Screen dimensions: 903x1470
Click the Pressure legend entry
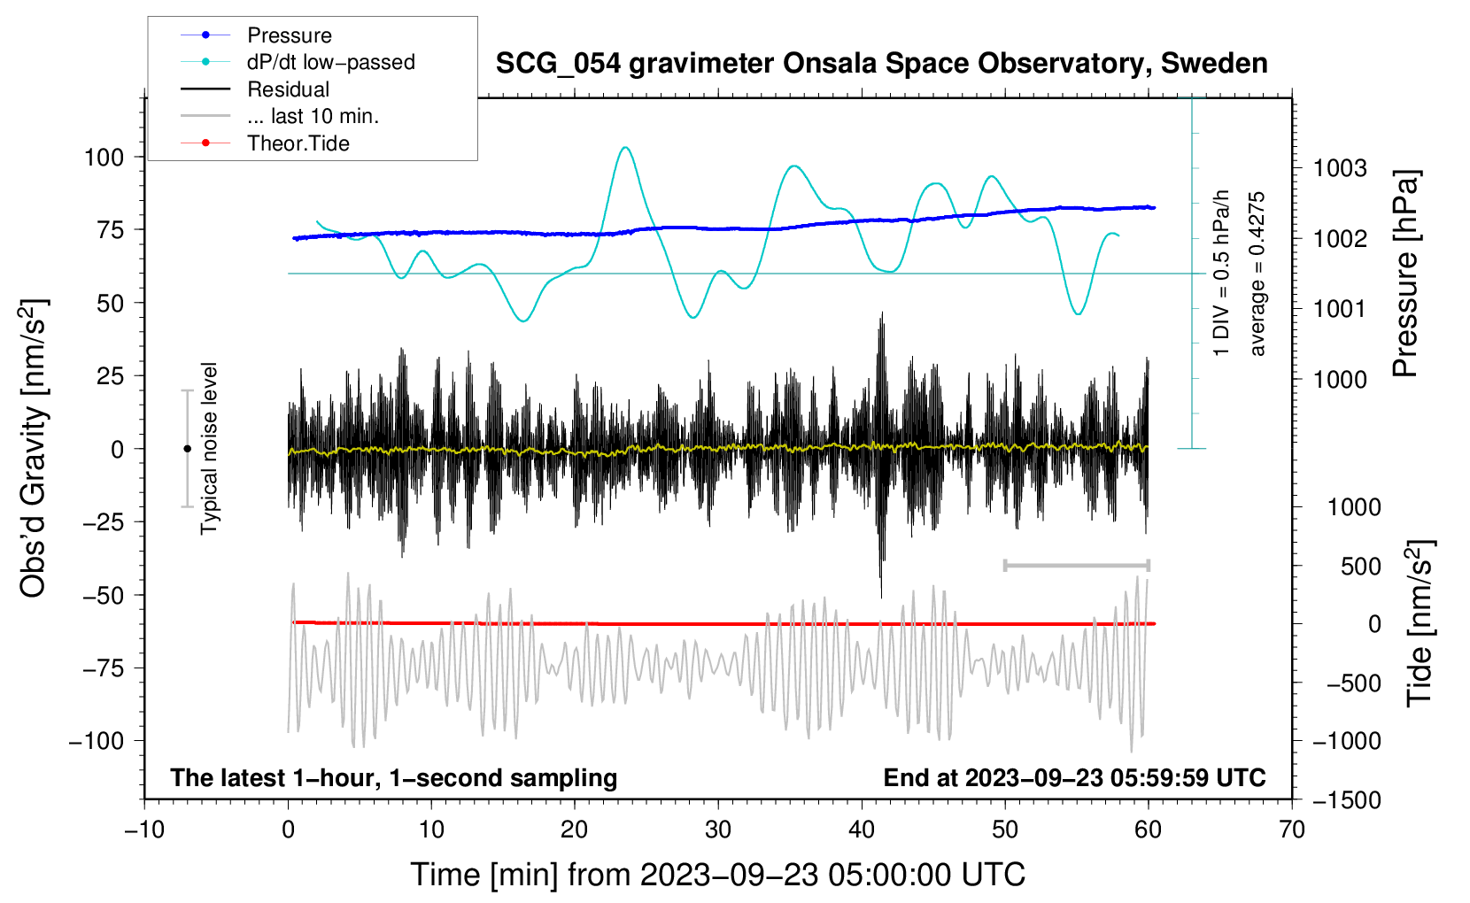click(289, 35)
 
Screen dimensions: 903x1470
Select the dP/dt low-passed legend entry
click(330, 62)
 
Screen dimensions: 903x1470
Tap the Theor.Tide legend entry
click(298, 143)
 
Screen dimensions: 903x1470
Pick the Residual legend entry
click(288, 89)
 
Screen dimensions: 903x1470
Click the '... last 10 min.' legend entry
click(313, 116)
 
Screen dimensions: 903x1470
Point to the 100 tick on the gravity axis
click(104, 158)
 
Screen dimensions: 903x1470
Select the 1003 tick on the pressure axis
click(1340, 168)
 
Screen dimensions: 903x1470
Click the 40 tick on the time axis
click(862, 830)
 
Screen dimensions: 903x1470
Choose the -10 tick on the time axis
click(144, 830)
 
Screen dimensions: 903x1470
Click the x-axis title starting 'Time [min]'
click(717, 875)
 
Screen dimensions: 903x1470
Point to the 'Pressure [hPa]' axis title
click(1405, 274)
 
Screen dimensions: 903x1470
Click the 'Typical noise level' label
click(209, 448)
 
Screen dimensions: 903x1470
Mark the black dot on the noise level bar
click(187, 449)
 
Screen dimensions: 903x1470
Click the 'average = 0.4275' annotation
click(1257, 274)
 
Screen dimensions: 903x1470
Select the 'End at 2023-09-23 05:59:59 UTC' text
click(1074, 778)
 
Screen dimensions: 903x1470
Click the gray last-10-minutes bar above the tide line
click(1076, 566)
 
